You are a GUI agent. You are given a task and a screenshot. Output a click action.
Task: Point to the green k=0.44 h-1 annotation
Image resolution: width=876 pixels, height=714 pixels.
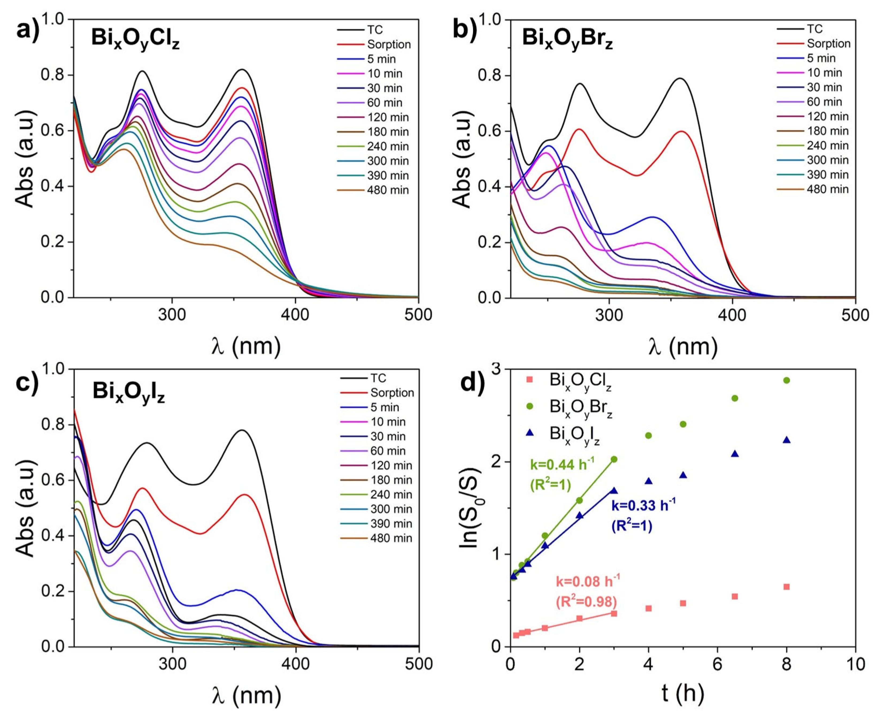(x=562, y=466)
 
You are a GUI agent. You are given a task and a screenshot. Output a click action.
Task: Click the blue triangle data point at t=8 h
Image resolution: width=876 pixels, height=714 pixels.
(x=786, y=440)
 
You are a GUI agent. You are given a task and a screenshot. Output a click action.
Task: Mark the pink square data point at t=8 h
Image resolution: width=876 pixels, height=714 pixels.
(x=786, y=587)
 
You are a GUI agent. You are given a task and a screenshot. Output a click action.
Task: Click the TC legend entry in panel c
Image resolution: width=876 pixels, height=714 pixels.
(x=378, y=378)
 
